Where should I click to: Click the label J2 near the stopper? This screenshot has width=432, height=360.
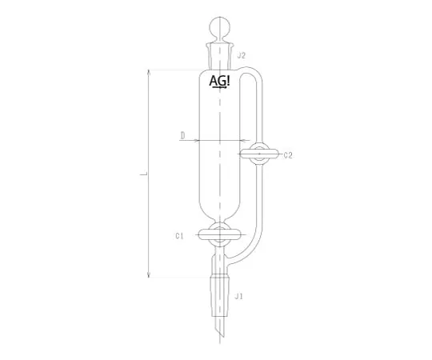[241, 56]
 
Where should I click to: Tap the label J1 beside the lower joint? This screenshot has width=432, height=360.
[238, 297]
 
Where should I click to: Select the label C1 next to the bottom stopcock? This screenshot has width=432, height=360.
[179, 236]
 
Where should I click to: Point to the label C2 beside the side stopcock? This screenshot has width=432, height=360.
[288, 156]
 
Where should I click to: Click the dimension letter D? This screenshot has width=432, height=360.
[182, 135]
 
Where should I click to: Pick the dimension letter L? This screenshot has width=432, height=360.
[143, 174]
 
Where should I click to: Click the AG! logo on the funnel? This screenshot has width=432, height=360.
[219, 82]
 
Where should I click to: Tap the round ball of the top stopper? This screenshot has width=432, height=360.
[219, 27]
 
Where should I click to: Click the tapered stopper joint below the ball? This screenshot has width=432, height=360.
[220, 56]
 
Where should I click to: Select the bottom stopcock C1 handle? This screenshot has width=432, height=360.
[219, 235]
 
